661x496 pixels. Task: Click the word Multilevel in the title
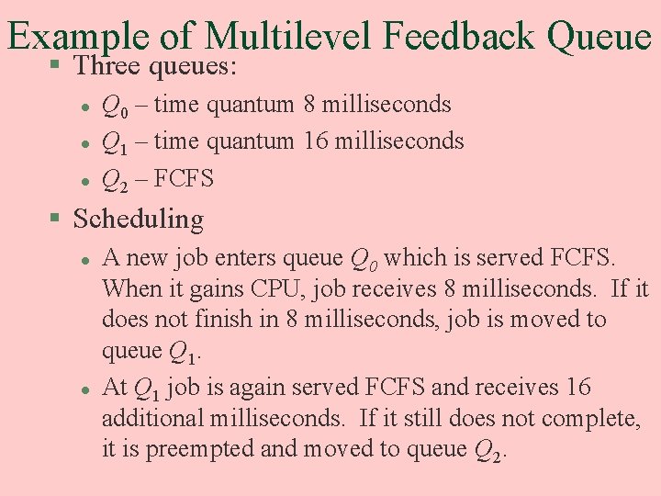pos(287,37)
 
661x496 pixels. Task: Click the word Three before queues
pos(106,66)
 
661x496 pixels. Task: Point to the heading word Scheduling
pos(138,220)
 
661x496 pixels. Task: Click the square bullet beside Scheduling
pos(56,219)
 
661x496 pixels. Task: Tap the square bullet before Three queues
pos(56,65)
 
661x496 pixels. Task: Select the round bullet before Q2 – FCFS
pos(84,179)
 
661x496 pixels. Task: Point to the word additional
pos(153,419)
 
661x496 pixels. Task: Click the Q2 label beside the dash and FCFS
pos(116,179)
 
